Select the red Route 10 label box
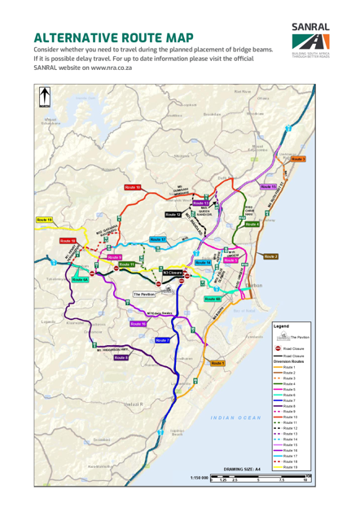(134, 187)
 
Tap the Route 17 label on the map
(158, 239)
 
